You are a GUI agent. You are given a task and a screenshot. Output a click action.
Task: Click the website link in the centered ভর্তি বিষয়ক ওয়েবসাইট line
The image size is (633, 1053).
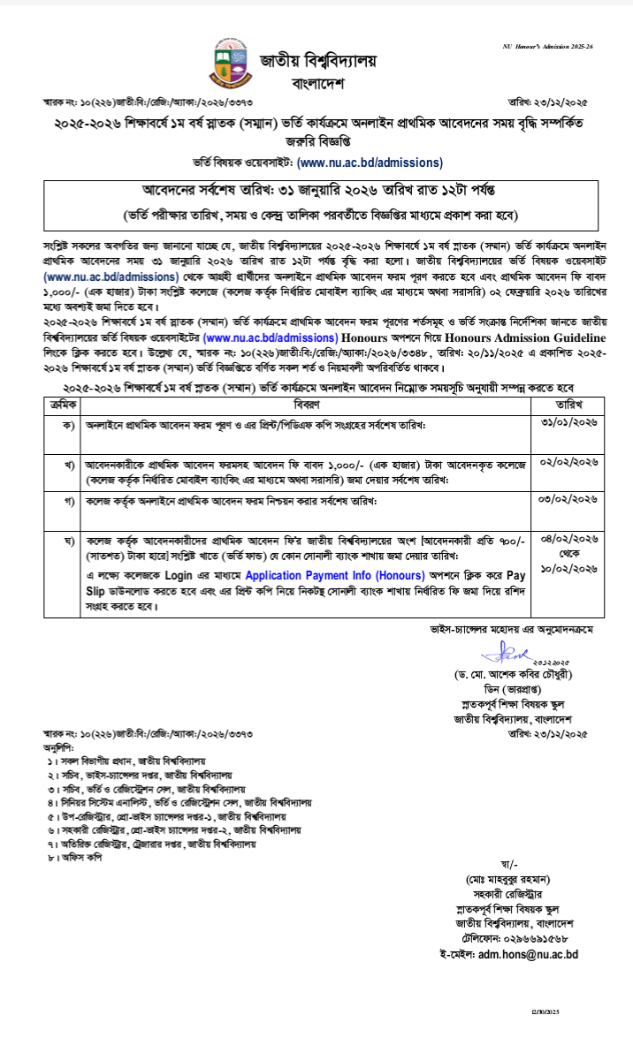click(x=370, y=163)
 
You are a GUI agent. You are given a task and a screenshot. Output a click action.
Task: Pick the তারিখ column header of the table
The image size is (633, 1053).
click(x=568, y=404)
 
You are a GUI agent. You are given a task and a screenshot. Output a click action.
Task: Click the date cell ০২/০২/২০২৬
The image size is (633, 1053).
click(x=568, y=463)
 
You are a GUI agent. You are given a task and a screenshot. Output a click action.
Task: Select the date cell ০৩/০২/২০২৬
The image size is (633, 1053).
click(x=568, y=500)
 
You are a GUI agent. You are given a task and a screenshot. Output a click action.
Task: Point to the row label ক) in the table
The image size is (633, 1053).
click(x=68, y=425)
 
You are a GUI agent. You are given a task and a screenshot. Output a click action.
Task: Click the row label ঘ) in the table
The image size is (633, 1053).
click(x=68, y=539)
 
